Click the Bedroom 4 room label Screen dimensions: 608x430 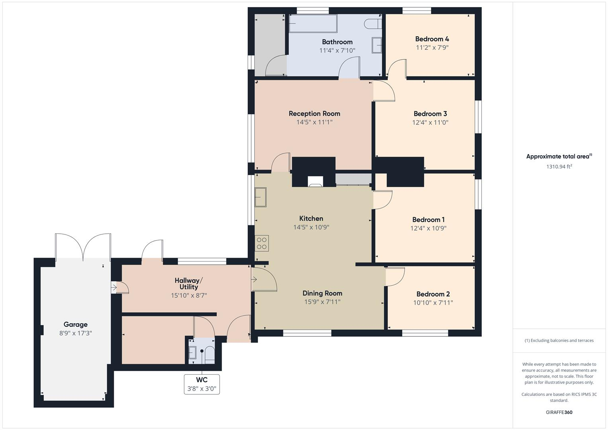point(432,39)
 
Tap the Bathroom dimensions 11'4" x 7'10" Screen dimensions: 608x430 point(337,50)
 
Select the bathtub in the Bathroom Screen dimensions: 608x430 point(313,23)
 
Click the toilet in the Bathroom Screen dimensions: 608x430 point(372,23)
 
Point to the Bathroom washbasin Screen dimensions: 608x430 point(377,45)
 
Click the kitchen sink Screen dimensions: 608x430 point(260,197)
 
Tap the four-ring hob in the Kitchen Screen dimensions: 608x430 point(262,243)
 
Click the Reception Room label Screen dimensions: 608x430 point(314,113)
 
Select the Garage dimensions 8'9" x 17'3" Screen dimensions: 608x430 point(76,333)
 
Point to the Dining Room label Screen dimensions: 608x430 point(322,293)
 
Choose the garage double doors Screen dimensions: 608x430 point(83,246)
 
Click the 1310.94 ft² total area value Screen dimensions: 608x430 point(559,166)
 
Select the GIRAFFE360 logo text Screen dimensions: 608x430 point(559,412)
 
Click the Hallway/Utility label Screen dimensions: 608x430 point(189,283)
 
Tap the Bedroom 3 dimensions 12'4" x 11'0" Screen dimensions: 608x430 point(430,123)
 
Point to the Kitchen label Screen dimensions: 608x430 point(311,218)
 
